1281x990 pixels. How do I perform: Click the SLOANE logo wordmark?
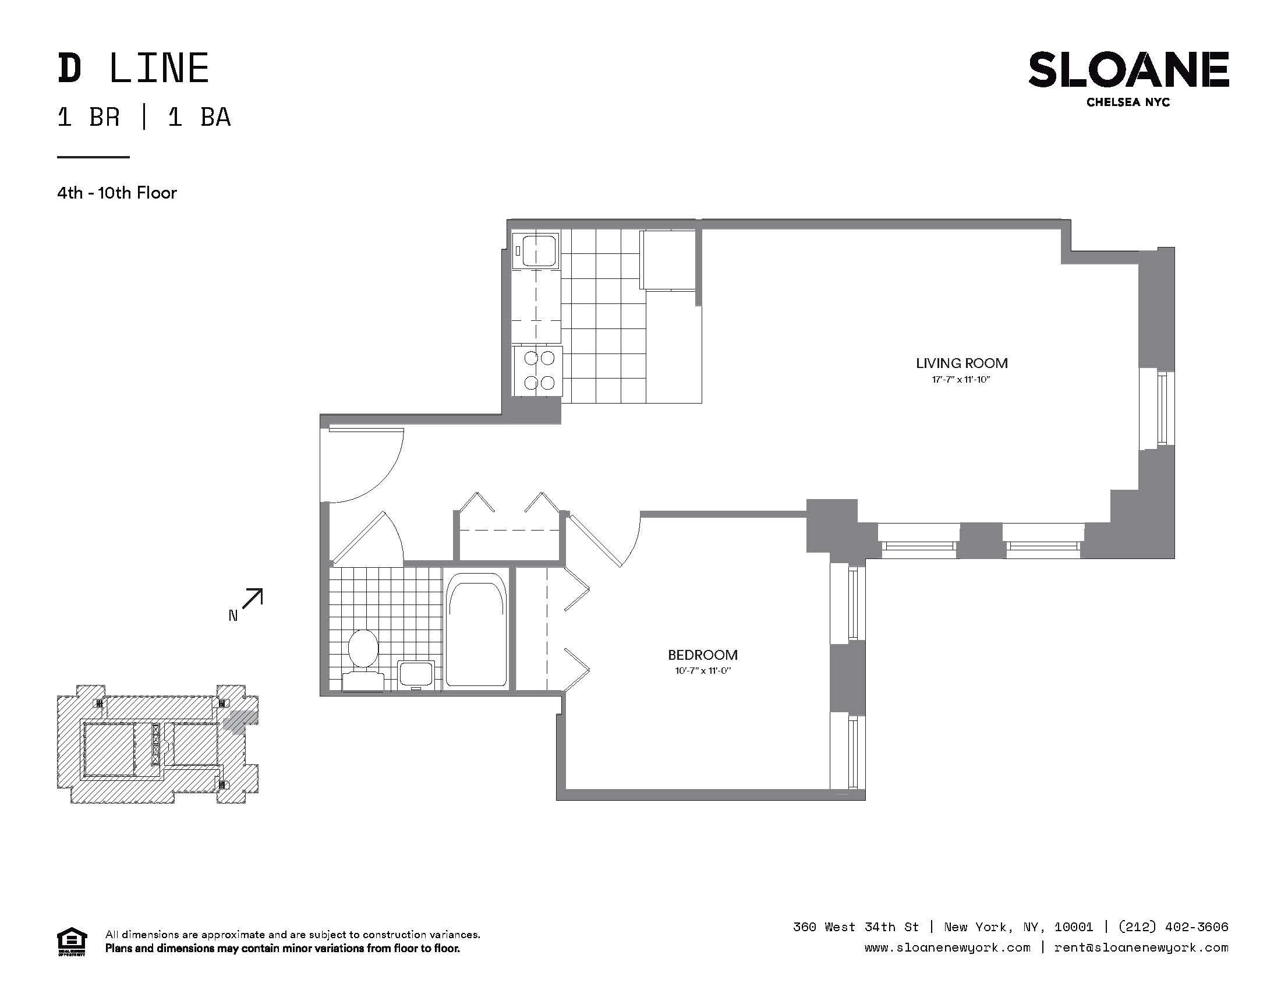[1128, 70]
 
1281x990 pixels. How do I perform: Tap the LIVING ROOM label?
[962, 363]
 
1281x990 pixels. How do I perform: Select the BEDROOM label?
[703, 655]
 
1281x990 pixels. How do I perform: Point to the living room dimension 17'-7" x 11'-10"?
[961, 380]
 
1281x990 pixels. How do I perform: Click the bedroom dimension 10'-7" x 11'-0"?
[702, 670]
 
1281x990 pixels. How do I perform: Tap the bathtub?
[476, 630]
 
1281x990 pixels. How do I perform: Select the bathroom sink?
[416, 674]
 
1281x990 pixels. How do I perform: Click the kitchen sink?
[536, 250]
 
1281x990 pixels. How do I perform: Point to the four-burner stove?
[538, 370]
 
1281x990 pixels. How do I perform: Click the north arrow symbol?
[252, 599]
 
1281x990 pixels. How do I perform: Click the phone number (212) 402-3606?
[1173, 927]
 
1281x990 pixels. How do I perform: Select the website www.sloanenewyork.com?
[947, 947]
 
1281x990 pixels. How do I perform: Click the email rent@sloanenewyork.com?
[1141, 947]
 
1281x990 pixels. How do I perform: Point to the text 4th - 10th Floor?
[116, 193]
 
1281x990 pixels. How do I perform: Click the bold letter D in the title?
[69, 69]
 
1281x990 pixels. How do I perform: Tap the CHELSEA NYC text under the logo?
[1128, 102]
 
